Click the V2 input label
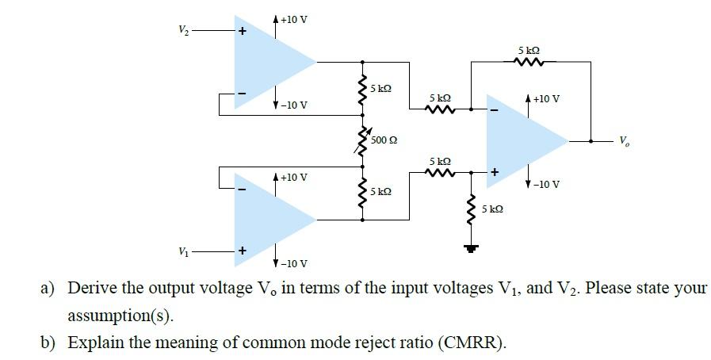tap(183, 30)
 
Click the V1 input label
tap(183, 251)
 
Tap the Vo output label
tap(625, 142)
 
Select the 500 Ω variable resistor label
tap(384, 140)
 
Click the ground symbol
tap(471, 248)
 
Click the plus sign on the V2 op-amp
tap(243, 31)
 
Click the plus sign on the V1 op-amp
tap(243, 251)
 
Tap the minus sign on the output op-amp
tap(495, 110)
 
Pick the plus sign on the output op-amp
tap(495, 172)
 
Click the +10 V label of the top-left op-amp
tap(293, 20)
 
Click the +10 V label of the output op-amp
tap(546, 98)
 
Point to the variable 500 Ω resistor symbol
tap(363, 140)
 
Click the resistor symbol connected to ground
tap(471, 210)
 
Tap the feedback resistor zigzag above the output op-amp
tap(529, 61)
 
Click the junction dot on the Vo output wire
tap(591, 141)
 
